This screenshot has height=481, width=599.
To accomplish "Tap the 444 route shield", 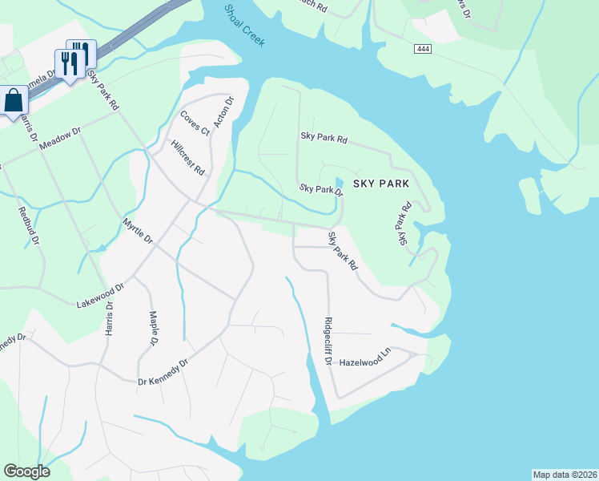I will [x=424, y=50].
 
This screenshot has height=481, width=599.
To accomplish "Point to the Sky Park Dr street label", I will [x=321, y=190].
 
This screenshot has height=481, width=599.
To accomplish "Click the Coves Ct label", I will [x=194, y=123].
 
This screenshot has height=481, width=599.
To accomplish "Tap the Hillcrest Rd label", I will [x=188, y=158].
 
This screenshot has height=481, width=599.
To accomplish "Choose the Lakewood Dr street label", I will [x=101, y=296].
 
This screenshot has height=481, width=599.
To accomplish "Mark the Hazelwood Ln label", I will [x=364, y=362].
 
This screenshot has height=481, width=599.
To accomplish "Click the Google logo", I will [x=26, y=471].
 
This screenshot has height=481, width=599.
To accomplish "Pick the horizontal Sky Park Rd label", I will [x=324, y=138].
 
